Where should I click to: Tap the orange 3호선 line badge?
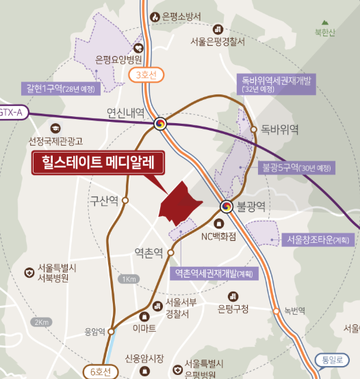pyautogui.click(x=147, y=74)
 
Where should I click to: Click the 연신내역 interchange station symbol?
pyautogui.click(x=160, y=124)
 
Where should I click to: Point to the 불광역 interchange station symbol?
pyautogui.click(x=227, y=206)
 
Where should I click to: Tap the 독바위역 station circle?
pyautogui.click(x=254, y=129)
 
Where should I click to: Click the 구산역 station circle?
pyautogui.click(x=126, y=200)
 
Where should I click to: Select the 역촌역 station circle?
pyautogui.click(x=170, y=252)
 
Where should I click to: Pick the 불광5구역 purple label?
pyautogui.click(x=297, y=167)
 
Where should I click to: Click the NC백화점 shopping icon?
pyautogui.click(x=218, y=224)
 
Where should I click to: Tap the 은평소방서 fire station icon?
pyautogui.click(x=155, y=16)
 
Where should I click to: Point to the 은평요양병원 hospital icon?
pyautogui.click(x=138, y=48)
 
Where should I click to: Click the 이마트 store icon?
pyautogui.click(x=144, y=316)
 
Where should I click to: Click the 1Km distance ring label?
pyautogui.click(x=128, y=279)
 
